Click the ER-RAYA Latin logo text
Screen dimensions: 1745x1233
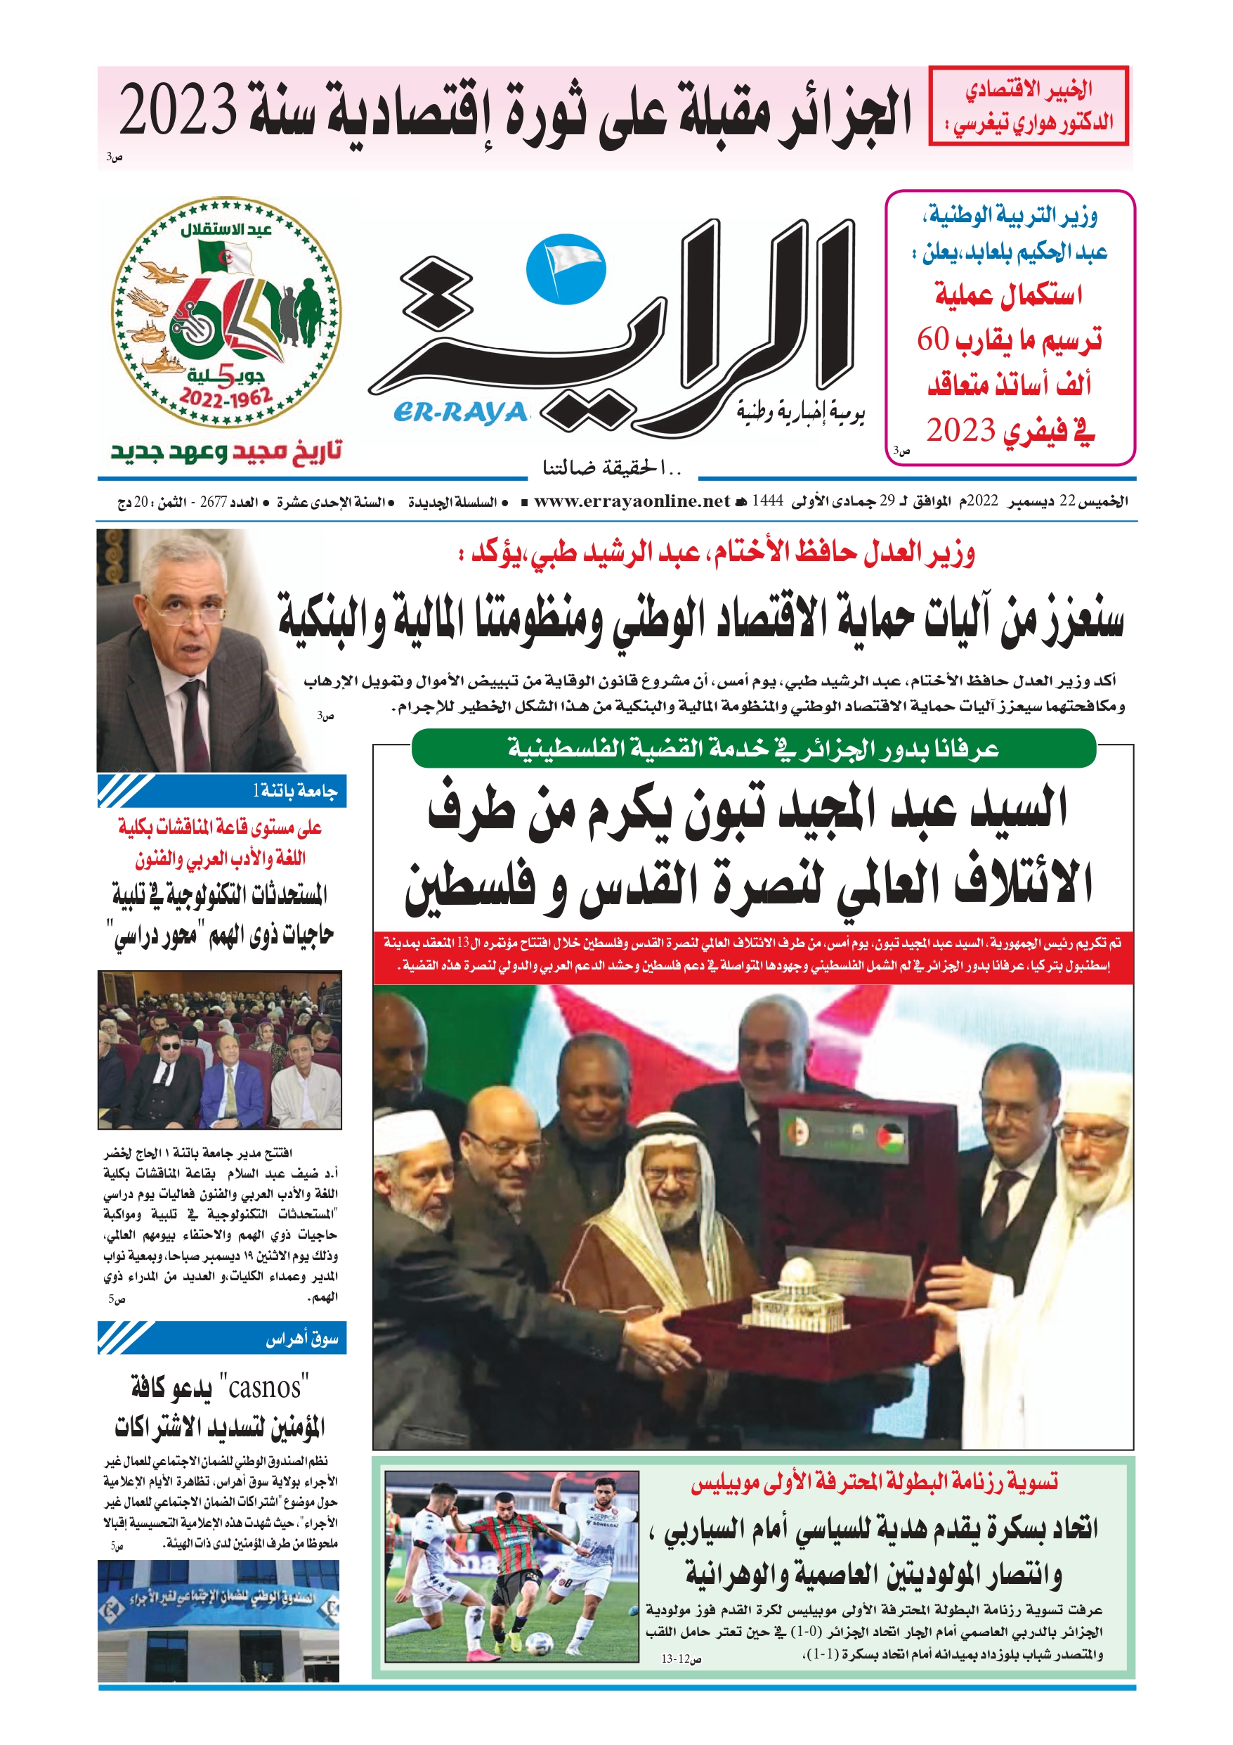coord(460,412)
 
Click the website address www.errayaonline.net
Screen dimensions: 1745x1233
coord(632,501)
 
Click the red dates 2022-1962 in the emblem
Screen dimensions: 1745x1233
coord(226,397)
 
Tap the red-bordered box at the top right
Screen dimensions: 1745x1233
coord(1029,105)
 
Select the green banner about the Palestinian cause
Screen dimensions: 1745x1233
coord(753,749)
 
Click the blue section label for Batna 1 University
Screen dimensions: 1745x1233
coord(222,791)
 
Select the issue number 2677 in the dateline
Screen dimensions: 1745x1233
coord(214,501)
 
